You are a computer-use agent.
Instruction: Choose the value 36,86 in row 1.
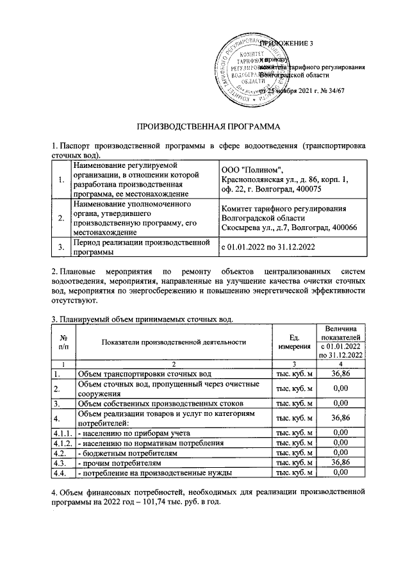(345, 373)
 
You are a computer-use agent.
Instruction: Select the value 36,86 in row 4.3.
(345, 462)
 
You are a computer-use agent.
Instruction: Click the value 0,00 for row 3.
(345, 404)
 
